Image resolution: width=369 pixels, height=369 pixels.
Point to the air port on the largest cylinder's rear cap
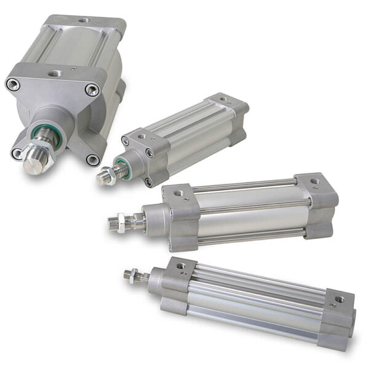83,20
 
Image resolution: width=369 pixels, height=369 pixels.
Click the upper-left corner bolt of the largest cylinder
13,85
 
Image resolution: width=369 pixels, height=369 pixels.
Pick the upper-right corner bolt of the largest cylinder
92,90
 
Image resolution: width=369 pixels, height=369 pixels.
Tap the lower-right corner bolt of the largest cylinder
92,159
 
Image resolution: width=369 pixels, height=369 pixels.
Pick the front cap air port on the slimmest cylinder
180,266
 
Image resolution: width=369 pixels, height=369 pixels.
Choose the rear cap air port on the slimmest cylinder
339,300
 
